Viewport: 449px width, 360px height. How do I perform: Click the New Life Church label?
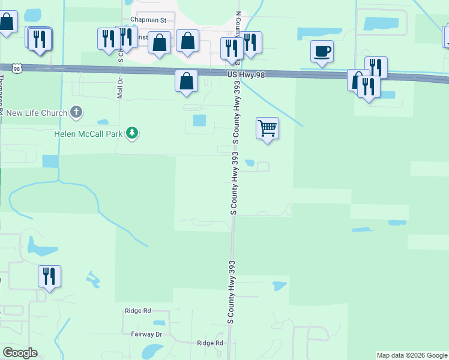point(36,113)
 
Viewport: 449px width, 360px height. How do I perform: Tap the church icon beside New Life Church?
point(76,112)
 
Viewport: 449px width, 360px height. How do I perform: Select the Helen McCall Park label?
point(88,133)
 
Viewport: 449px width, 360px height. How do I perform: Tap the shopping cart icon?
point(267,128)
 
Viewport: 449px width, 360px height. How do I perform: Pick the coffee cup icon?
point(322,51)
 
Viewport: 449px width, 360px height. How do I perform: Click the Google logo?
point(20,353)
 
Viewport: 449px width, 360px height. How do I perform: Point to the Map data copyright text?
point(411,355)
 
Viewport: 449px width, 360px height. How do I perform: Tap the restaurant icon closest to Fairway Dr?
point(50,277)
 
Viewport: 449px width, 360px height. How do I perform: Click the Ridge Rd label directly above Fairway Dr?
point(137,311)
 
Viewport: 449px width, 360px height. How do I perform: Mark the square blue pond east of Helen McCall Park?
point(199,121)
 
